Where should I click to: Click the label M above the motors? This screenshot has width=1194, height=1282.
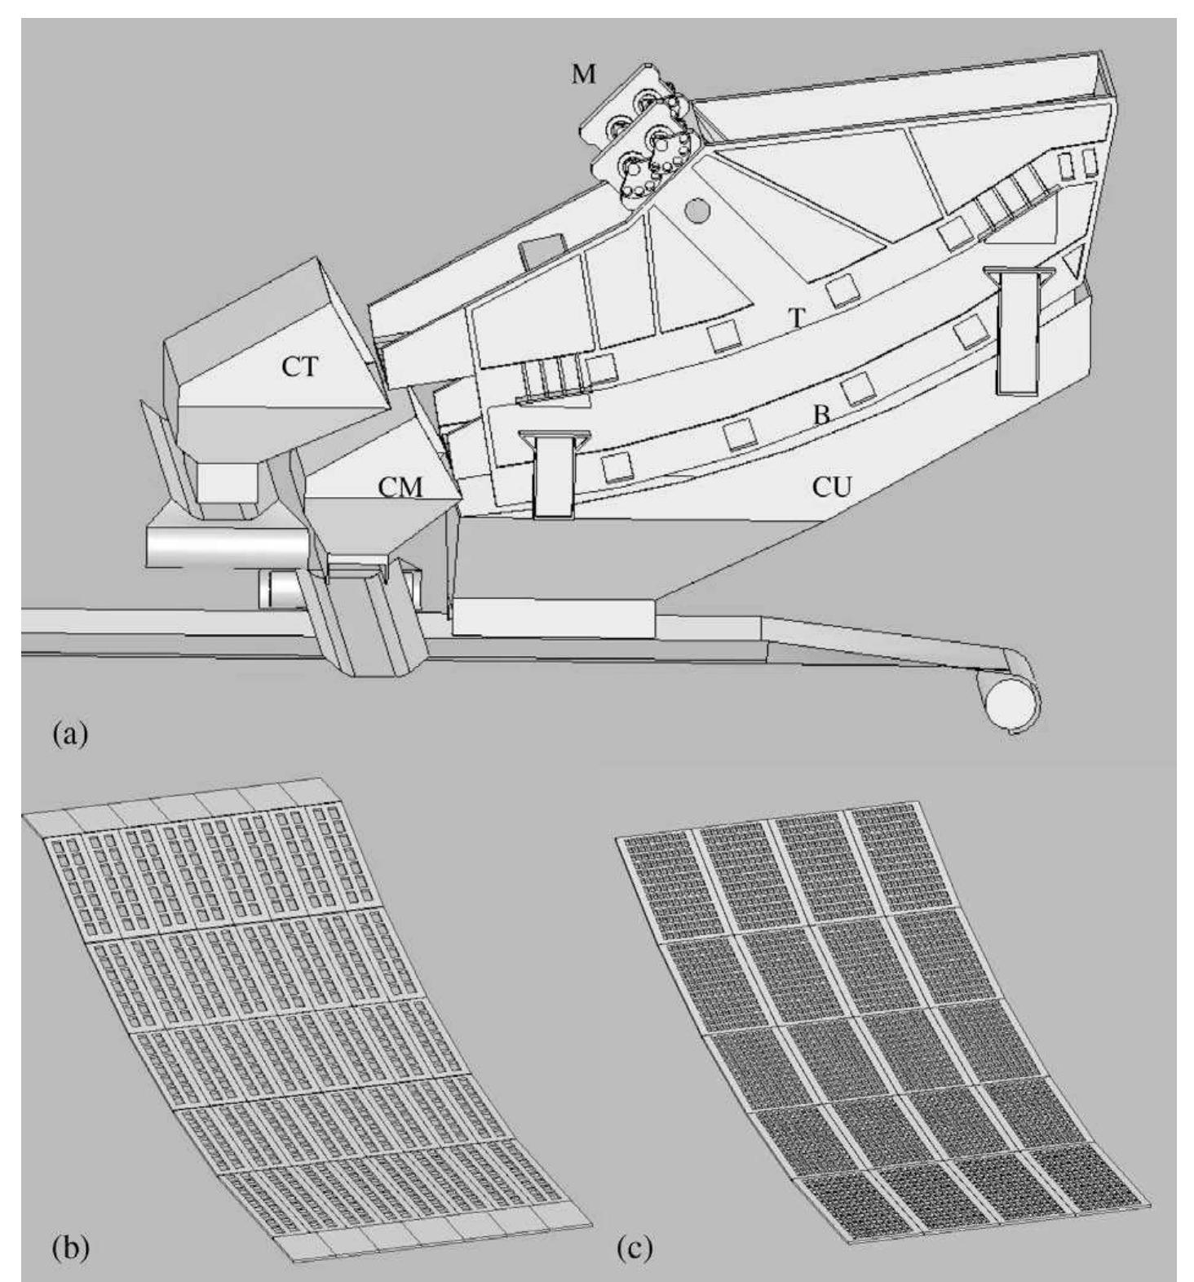(x=583, y=75)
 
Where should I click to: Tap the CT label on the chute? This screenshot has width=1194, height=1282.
(x=298, y=367)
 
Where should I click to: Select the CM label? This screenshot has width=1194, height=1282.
(x=400, y=488)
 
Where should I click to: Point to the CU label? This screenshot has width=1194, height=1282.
(x=831, y=487)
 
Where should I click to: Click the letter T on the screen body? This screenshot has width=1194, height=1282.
(x=796, y=319)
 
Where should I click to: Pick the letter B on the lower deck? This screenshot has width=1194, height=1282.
(x=820, y=415)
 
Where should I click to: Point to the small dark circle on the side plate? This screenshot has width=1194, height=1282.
(x=697, y=211)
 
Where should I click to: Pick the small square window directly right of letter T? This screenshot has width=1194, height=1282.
(x=842, y=291)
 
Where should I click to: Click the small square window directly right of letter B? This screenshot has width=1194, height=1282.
(x=858, y=388)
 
